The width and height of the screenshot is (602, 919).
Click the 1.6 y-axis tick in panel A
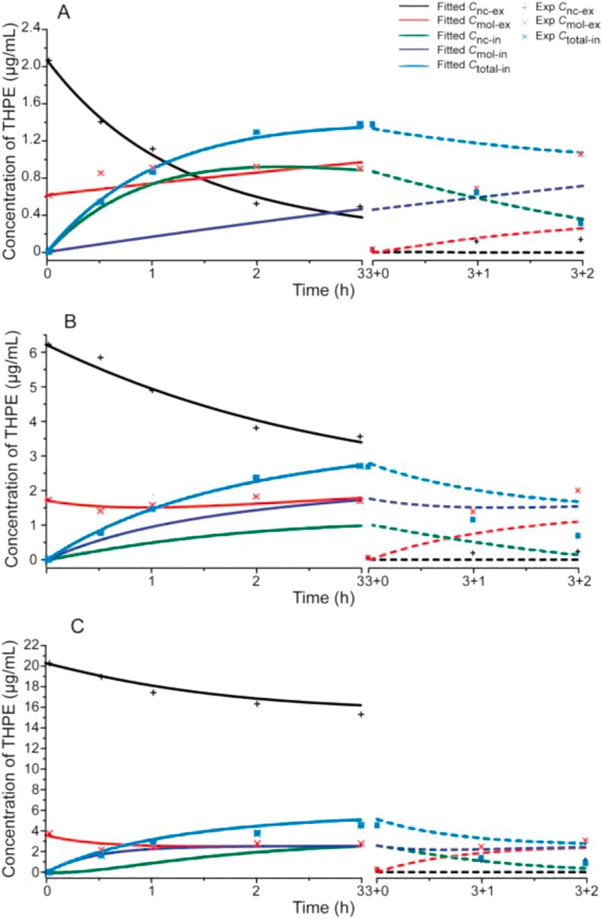click(x=30, y=104)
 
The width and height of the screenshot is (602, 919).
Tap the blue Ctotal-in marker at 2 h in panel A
click(x=256, y=132)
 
